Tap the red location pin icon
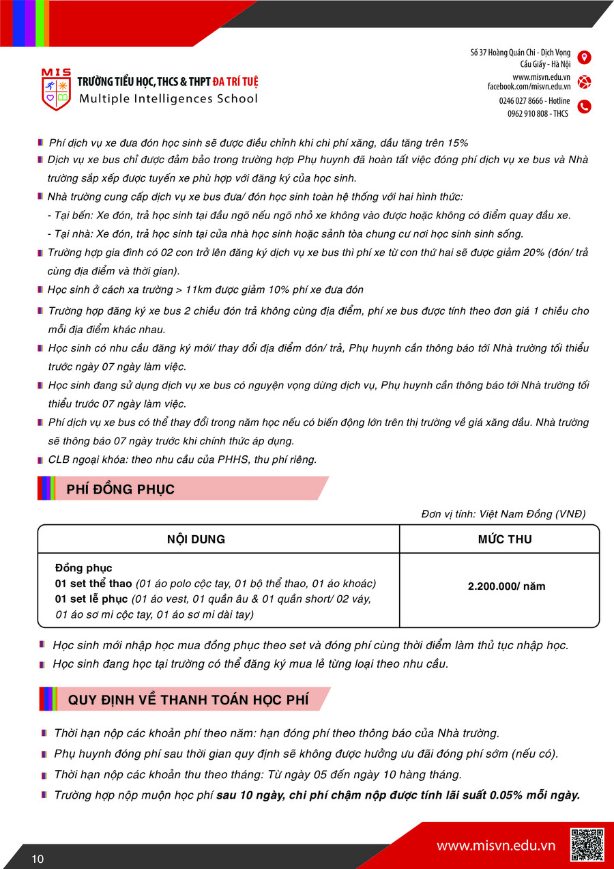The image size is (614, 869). pyautogui.click(x=584, y=57)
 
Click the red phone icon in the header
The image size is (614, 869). pyautogui.click(x=584, y=106)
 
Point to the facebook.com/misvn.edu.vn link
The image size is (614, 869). pyautogui.click(x=529, y=87)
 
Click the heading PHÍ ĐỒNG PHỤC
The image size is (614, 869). pyautogui.click(x=121, y=489)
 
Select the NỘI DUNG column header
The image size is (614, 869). pyautogui.click(x=196, y=539)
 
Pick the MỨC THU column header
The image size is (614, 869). pyautogui.click(x=505, y=539)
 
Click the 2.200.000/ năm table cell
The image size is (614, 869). pyautogui.click(x=506, y=586)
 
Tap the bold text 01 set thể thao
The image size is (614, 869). pyautogui.click(x=93, y=584)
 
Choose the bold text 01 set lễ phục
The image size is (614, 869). pyautogui.click(x=91, y=599)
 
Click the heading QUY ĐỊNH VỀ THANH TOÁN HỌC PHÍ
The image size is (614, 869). pyautogui.click(x=188, y=700)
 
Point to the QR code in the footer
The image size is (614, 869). pyautogui.click(x=587, y=844)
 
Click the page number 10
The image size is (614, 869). pyautogui.click(x=38, y=859)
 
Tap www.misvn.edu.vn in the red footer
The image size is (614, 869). pyautogui.click(x=496, y=846)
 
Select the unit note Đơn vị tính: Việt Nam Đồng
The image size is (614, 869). pyautogui.click(x=503, y=514)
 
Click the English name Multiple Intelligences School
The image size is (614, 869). pyautogui.click(x=169, y=99)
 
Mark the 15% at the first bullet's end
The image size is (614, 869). pyautogui.click(x=457, y=143)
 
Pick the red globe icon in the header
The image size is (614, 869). pyautogui.click(x=584, y=82)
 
